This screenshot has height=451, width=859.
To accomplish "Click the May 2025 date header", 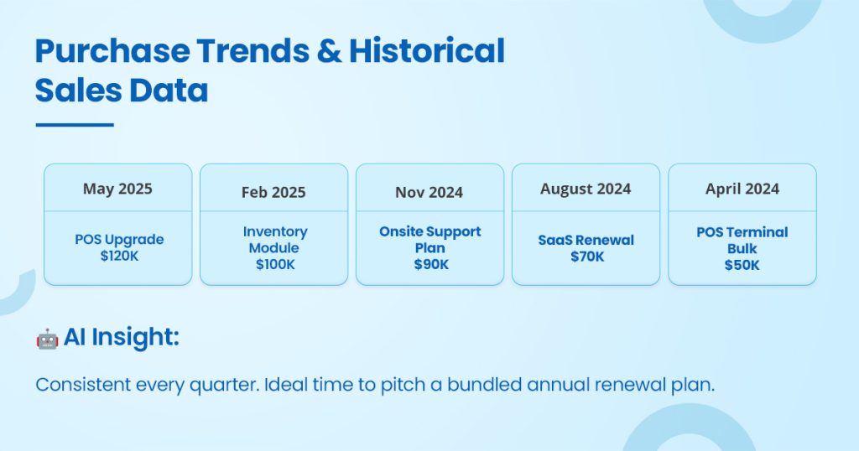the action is [117, 189].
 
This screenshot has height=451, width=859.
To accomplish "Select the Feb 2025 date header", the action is [273, 192].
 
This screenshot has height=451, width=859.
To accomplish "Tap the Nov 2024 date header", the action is [429, 192].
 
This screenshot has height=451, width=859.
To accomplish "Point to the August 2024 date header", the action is [586, 189].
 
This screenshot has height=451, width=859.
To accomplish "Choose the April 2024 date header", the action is [742, 189].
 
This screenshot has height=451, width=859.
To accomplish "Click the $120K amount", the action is [119, 256].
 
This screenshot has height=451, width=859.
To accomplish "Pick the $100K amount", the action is [275, 264].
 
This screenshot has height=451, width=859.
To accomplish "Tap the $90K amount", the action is [431, 264].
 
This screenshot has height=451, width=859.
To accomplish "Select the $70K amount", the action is [586, 257].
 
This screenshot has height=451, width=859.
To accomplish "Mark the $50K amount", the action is [742, 265].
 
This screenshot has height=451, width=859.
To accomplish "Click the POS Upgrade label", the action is [119, 240].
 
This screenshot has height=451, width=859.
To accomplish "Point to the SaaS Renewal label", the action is [586, 240].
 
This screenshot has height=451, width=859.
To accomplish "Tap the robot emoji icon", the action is [47, 339].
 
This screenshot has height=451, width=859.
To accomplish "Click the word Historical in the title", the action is [427, 51].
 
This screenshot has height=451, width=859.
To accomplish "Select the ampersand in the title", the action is [329, 51].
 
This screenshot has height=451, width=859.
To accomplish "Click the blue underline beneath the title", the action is [75, 125].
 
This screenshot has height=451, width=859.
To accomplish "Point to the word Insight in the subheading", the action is [135, 337].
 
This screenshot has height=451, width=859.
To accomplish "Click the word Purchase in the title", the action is [112, 51].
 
